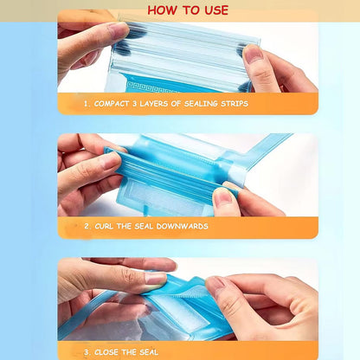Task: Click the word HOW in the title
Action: click(161, 10)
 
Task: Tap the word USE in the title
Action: click(213, 10)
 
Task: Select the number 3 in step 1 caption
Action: click(139, 103)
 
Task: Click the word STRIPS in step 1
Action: click(235, 103)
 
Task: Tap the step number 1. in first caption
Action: click(87, 103)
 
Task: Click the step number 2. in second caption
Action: click(87, 227)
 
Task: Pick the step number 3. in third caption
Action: click(87, 352)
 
